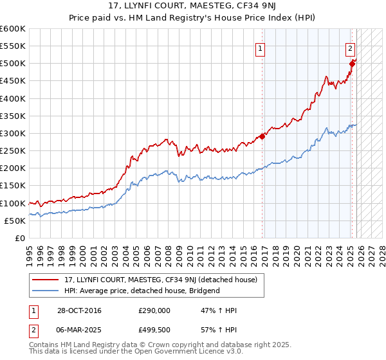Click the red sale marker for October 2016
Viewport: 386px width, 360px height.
pyautogui.click(x=262, y=136)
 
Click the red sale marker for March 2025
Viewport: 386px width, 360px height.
pyautogui.click(x=353, y=63)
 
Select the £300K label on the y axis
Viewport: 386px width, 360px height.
pyautogui.click(x=13, y=134)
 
